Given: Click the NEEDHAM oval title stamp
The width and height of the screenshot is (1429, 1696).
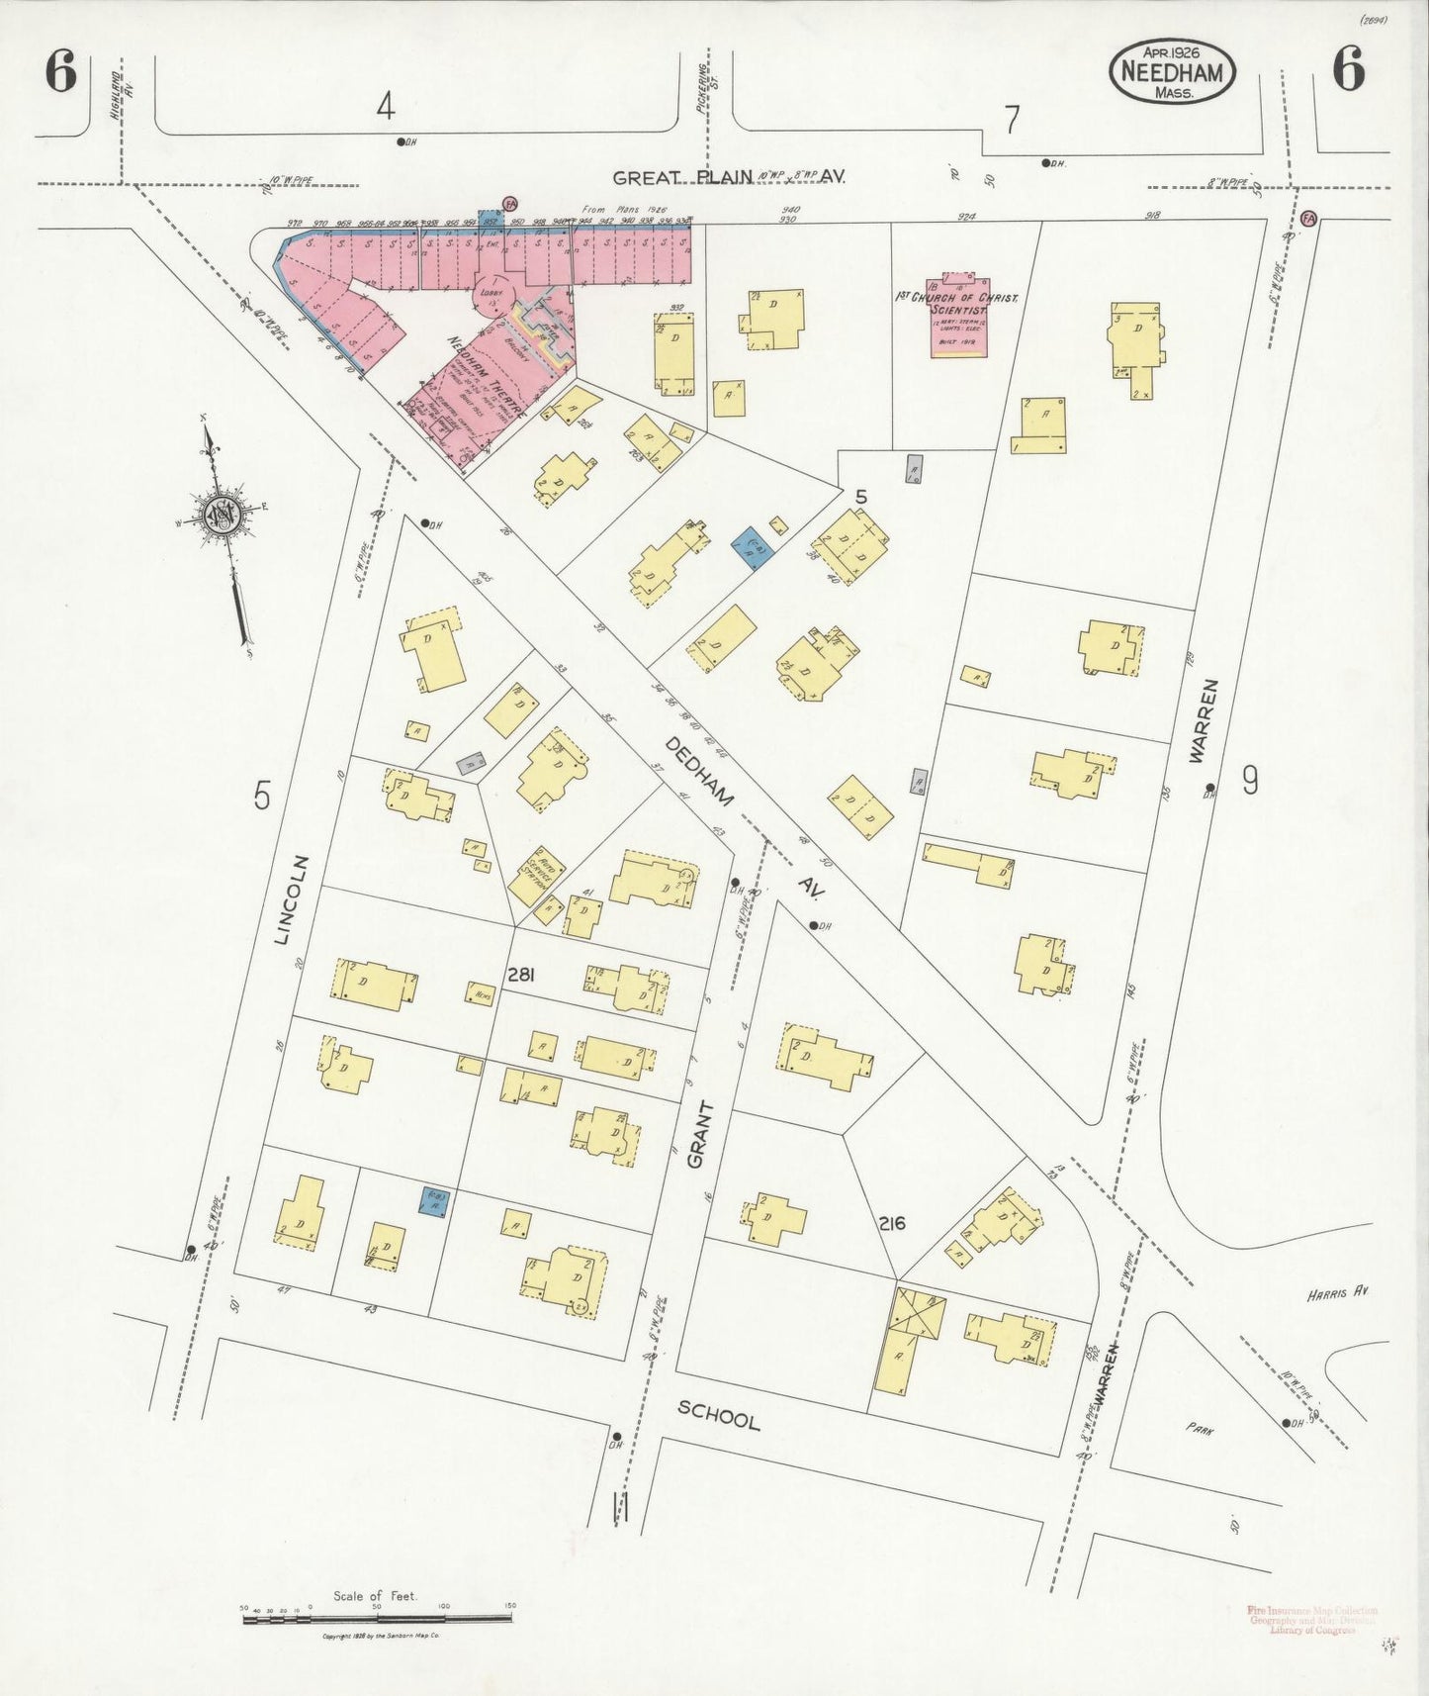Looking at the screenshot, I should (x=1173, y=71).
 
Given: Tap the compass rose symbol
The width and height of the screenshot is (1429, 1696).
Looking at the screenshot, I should (x=221, y=514).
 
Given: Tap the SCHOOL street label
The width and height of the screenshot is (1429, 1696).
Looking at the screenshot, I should (x=718, y=1416).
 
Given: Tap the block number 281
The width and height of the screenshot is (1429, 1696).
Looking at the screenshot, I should (x=521, y=975).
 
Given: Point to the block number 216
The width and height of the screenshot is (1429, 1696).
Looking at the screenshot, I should (x=891, y=1224).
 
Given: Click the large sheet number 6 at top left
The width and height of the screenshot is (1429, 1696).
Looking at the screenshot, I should (x=60, y=72).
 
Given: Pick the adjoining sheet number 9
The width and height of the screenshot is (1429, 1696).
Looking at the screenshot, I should (x=1250, y=782).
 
